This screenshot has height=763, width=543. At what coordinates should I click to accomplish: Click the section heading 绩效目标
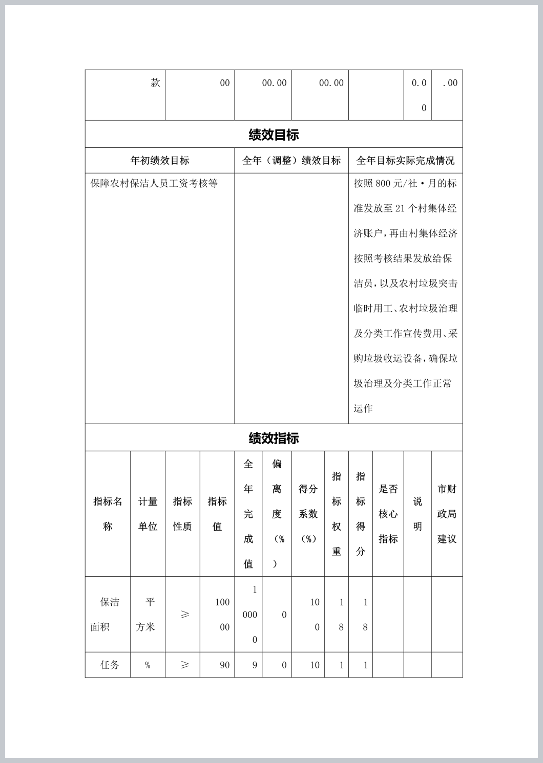274,135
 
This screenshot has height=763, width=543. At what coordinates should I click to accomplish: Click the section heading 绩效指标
274,438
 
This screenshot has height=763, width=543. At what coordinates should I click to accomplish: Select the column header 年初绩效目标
160,161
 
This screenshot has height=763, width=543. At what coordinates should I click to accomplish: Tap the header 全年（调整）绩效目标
291,161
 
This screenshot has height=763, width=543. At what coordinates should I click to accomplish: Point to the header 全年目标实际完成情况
405,161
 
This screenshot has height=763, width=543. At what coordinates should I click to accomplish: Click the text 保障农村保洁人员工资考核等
154,183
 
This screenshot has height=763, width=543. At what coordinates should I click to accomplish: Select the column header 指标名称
108,514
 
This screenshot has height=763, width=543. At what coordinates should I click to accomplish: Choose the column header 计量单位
148,514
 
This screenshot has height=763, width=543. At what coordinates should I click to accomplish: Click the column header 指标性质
182,514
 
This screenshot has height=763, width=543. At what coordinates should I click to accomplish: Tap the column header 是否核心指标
388,514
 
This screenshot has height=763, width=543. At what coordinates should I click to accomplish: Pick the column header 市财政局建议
447,514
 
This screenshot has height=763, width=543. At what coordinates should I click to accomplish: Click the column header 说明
417,514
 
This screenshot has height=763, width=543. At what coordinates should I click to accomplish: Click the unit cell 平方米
147,614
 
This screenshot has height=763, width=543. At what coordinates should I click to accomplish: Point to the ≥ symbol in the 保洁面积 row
185,614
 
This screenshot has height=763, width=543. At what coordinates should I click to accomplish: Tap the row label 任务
110,665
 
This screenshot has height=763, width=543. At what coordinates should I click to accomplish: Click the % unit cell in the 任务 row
148,665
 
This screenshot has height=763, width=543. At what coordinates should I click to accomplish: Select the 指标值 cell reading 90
224,665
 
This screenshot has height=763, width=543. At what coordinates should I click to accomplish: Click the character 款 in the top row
155,83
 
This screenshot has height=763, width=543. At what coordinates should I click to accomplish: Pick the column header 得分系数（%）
308,514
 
